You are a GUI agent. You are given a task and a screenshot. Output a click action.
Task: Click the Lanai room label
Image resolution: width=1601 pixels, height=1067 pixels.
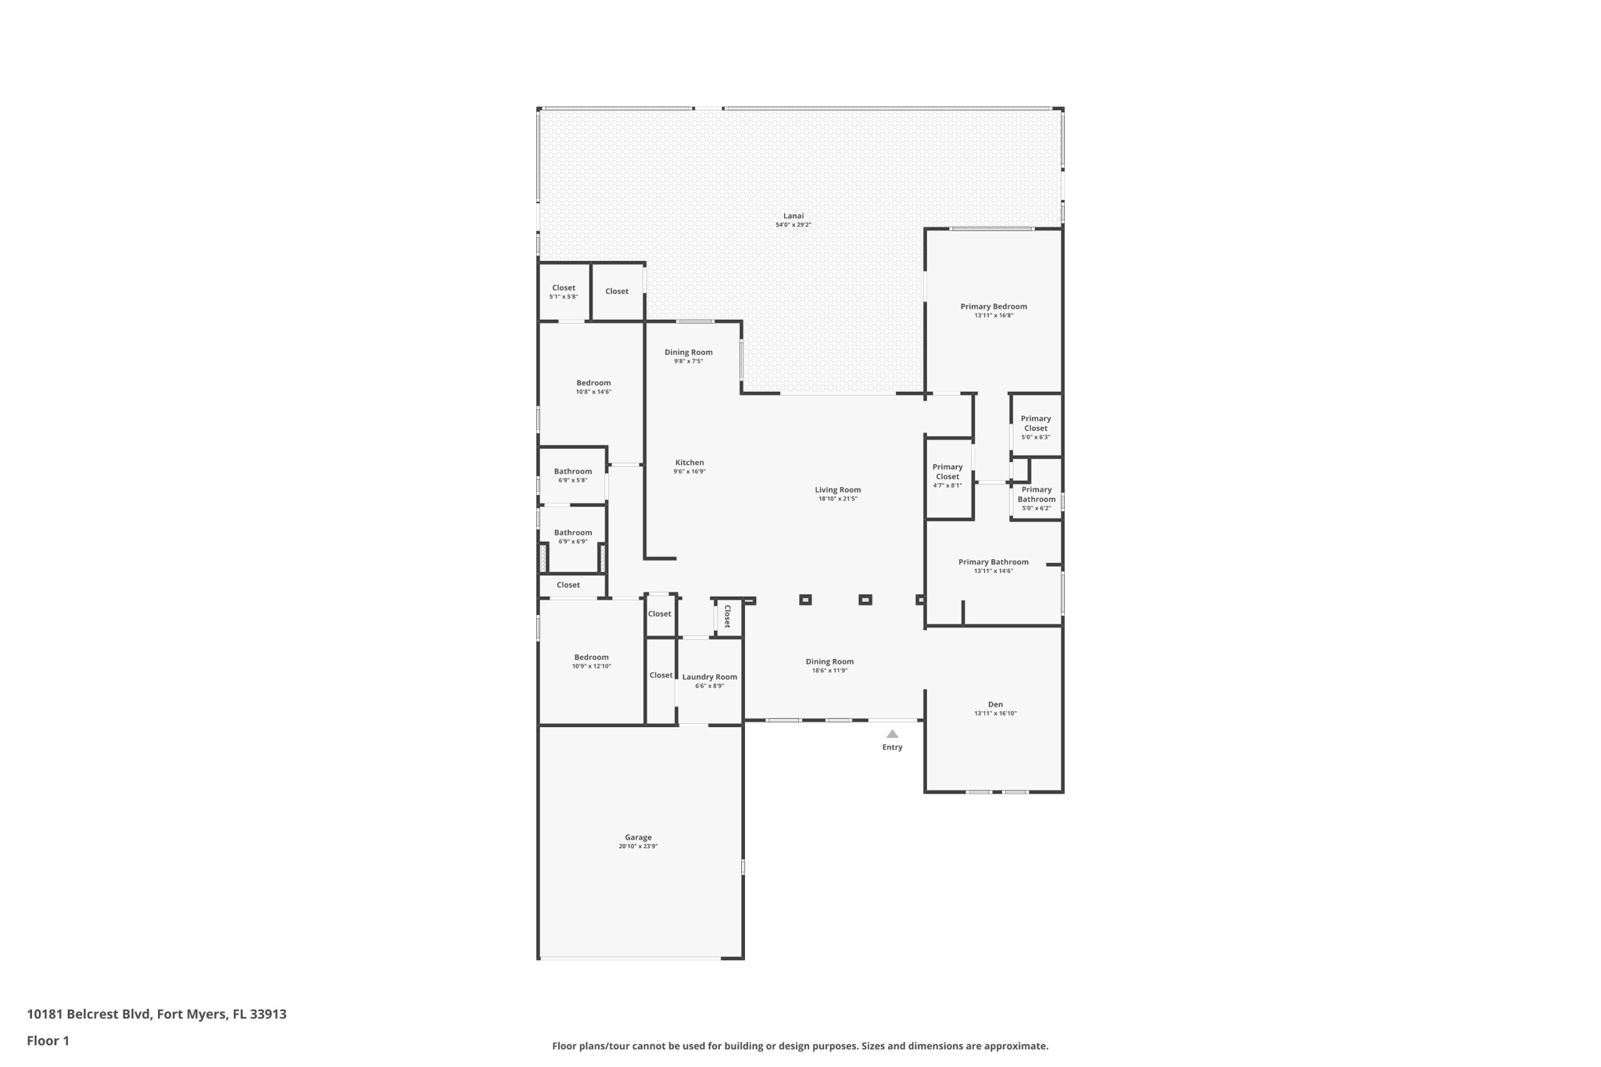[793, 216]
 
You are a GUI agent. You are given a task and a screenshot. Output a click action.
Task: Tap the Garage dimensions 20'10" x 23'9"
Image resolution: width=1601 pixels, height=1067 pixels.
[638, 847]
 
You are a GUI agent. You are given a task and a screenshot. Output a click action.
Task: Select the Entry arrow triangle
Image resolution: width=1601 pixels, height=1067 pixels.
[892, 734]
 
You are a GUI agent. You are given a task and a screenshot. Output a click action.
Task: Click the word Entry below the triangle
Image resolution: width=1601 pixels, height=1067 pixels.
[892, 747]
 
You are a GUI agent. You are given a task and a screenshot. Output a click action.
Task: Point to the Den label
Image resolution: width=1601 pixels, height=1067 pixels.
[994, 704]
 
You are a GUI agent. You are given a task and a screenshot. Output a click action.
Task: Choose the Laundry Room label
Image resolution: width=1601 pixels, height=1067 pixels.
[709, 677]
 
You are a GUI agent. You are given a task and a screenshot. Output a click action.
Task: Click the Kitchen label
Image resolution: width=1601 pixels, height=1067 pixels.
[689, 463]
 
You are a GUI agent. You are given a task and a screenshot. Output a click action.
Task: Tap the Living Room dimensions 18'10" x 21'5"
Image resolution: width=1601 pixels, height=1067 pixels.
[837, 499]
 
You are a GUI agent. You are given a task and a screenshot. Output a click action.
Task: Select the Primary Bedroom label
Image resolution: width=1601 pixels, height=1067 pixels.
[993, 306]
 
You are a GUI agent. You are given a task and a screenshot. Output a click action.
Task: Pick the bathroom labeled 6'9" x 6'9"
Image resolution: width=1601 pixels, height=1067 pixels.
[572, 536]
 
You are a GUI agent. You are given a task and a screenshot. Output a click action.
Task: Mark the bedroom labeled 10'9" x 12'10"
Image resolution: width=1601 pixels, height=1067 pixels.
[591, 661]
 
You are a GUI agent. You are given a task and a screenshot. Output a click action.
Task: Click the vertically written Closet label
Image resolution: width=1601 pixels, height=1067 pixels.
[727, 616]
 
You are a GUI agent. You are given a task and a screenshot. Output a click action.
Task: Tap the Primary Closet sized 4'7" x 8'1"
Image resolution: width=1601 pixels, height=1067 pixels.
[947, 475]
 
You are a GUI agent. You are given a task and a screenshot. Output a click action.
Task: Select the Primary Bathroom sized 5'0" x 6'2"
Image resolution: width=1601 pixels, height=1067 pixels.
[1036, 498]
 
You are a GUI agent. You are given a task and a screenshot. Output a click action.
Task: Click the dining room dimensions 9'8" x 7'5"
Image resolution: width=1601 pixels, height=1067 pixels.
[688, 361]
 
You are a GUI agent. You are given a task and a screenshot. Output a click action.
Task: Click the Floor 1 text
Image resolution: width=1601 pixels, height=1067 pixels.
[48, 1040]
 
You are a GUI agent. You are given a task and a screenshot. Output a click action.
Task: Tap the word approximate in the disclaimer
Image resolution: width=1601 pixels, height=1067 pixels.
[1015, 1046]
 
